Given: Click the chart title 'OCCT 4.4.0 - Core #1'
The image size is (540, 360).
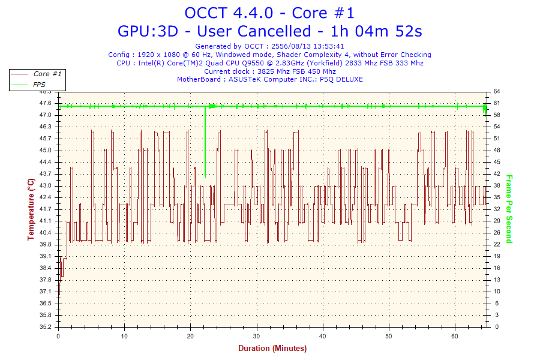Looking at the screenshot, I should pyautogui.click(x=269, y=13).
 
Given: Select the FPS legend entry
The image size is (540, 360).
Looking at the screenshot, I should pyautogui.click(x=40, y=85).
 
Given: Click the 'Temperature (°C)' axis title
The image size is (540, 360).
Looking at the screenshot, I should pyautogui.click(x=31, y=209).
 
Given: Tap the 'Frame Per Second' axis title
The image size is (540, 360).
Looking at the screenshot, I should pyautogui.click(x=509, y=209).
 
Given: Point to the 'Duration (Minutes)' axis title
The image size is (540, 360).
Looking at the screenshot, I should pyautogui.click(x=272, y=349).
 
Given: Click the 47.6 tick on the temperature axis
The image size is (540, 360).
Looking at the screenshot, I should pyautogui.click(x=46, y=103).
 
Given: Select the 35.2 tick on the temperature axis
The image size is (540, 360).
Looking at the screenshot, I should pyautogui.click(x=46, y=327).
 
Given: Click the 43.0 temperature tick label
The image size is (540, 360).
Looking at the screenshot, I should pyautogui.click(x=46, y=185).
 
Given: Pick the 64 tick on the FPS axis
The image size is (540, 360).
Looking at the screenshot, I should pyautogui.click(x=497, y=91).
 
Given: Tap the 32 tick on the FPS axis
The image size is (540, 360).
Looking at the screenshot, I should pyautogui.click(x=497, y=209).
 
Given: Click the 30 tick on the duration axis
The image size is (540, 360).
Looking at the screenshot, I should pyautogui.click(x=257, y=335).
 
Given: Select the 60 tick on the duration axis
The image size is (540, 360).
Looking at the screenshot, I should pyautogui.click(x=455, y=335).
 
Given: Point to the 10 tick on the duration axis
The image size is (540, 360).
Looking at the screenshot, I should pyautogui.click(x=124, y=335).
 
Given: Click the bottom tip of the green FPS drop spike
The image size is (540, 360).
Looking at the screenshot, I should pyautogui.click(x=205, y=177).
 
